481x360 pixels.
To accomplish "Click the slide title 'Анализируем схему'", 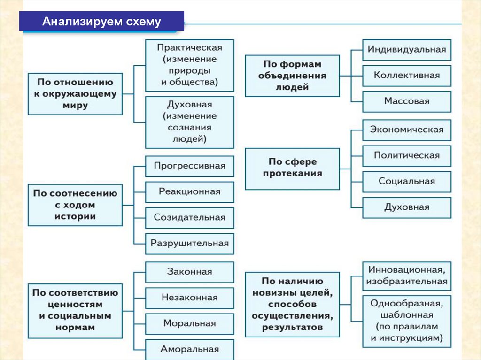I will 101,22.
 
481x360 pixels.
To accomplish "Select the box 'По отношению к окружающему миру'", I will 75,94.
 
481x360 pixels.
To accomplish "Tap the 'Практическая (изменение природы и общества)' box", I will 189,65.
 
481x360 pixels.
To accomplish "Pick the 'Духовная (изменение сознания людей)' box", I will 189,122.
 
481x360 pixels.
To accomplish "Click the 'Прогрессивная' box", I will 189,166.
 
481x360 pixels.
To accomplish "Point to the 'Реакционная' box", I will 189,191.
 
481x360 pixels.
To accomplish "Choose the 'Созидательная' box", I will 189,217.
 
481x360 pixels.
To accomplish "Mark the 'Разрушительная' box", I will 189,243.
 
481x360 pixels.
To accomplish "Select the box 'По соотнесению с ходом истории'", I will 75,205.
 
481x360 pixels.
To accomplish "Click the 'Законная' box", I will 189,272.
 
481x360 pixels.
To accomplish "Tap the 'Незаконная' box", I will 189,298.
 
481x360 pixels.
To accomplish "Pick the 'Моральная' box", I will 189,323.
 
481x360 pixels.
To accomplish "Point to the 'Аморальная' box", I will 189,349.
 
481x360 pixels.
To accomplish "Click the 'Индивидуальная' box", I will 406,49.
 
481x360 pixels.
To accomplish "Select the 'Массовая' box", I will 406,101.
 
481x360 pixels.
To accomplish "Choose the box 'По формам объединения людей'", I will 292,76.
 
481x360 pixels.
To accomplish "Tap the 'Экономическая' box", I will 406,130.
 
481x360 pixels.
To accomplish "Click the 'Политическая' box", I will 406,155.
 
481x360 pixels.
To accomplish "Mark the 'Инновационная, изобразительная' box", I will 406,276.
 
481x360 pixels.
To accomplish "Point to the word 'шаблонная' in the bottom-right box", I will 407,315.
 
